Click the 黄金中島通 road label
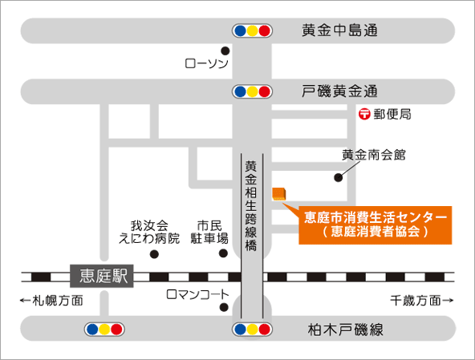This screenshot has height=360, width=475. [x=339, y=31]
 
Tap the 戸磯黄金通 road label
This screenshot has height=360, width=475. [x=339, y=90]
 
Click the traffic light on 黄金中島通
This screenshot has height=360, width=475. [x=253, y=31]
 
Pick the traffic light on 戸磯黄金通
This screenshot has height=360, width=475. [x=253, y=90]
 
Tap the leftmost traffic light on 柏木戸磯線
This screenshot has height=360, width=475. [x=105, y=329]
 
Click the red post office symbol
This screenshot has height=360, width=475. [x=364, y=115]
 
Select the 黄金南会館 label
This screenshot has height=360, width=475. [x=373, y=155]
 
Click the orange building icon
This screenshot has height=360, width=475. [x=279, y=192]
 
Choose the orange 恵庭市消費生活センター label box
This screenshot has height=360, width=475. [x=376, y=224]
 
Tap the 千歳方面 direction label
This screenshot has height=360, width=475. [x=422, y=301]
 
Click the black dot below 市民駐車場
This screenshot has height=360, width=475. [x=224, y=254]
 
